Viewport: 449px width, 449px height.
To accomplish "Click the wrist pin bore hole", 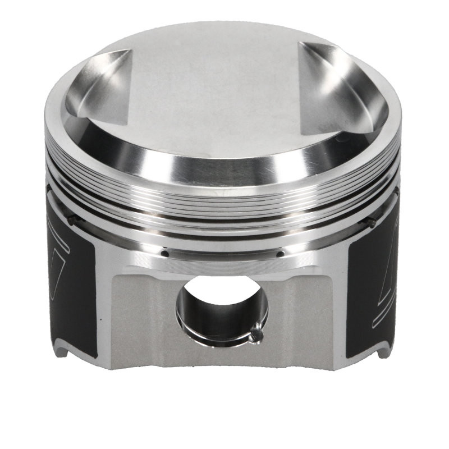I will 222,309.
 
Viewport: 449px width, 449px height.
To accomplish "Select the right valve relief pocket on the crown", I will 342,93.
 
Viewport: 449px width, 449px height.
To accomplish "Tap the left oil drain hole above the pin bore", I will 165,253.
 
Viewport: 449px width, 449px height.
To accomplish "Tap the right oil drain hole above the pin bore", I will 279,254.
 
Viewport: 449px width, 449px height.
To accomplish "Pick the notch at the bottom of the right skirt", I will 383,352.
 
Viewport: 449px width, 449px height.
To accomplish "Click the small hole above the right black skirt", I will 371,223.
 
